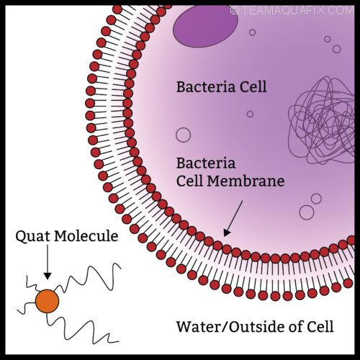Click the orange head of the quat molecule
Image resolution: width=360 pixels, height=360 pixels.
click(48, 301)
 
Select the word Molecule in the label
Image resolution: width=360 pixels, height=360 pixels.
click(86, 236)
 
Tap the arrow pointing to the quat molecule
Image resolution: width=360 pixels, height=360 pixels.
click(48, 262)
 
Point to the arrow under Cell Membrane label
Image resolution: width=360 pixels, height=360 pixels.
click(233, 218)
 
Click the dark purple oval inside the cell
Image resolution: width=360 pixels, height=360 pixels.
click(205, 26)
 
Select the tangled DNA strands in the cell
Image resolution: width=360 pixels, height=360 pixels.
click(322, 120)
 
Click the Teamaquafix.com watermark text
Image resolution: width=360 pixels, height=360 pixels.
click(292, 11)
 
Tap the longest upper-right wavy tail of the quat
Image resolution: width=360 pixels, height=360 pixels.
click(89, 276)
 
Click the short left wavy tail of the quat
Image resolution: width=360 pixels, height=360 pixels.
click(27, 308)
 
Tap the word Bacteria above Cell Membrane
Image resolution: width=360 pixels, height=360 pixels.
click(206, 163)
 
